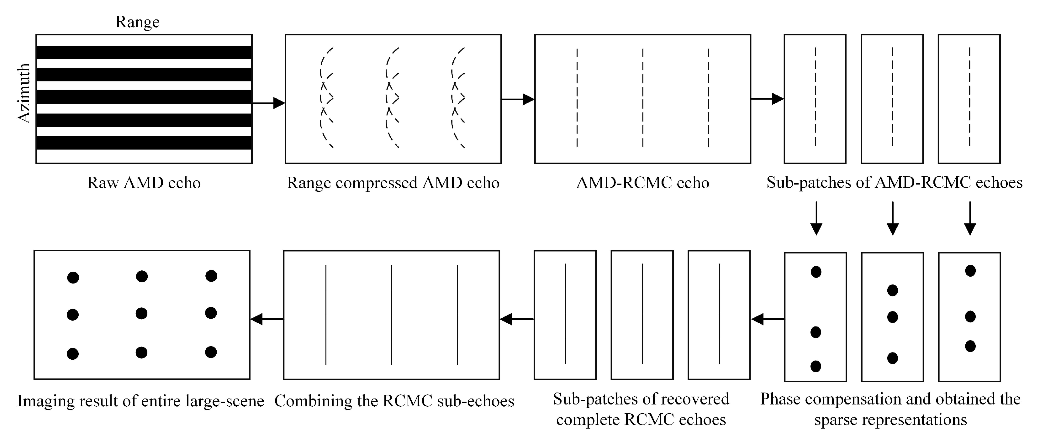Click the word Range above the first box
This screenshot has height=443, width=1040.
click(x=137, y=22)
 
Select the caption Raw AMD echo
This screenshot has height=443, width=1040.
click(x=144, y=183)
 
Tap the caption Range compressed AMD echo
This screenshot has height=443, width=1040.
click(x=393, y=183)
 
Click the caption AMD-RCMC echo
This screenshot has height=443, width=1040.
click(x=642, y=183)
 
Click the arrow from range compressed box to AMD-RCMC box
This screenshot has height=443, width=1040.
click(x=518, y=99)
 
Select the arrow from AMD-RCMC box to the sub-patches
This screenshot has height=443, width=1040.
click(x=767, y=98)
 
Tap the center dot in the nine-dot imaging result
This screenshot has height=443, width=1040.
click(x=141, y=314)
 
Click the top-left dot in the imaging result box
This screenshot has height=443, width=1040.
click(x=73, y=278)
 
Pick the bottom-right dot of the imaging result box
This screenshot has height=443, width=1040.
click(x=211, y=352)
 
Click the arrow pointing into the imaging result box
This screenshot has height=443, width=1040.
click(x=267, y=319)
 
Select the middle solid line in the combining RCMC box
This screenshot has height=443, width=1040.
click(x=391, y=315)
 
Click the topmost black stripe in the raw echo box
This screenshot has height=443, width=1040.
click(x=144, y=52)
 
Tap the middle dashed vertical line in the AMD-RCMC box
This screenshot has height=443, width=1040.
click(x=643, y=98)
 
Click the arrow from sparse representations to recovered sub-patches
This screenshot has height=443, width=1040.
click(x=768, y=319)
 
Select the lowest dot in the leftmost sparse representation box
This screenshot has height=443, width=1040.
click(x=816, y=366)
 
